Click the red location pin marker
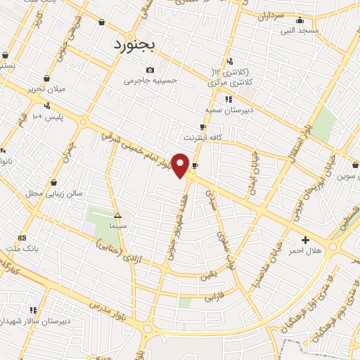181,165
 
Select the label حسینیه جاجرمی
148,81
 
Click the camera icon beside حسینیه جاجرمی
149,70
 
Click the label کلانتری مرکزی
231,83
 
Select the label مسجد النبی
300,30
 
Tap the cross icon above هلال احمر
305,240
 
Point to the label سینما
118,227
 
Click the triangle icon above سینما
117,216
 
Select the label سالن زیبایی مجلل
54,193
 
